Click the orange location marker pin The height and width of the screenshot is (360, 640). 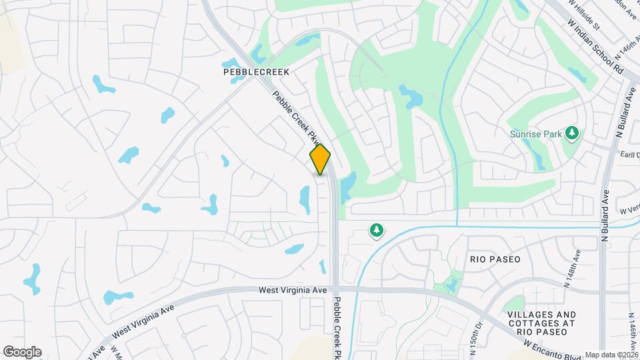tap(320, 159)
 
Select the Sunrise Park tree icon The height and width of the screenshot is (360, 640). tap(571, 133)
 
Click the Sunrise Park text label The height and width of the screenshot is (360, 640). tap(535, 134)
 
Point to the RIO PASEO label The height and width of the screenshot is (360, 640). tap(495, 259)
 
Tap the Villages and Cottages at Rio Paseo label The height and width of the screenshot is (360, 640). tap(541, 319)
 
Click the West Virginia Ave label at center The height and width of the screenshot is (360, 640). tap(293, 291)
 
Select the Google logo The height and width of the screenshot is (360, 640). tap(22, 352)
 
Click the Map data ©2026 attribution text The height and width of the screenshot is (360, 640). tap(611, 355)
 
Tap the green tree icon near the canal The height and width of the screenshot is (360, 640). tap(377, 231)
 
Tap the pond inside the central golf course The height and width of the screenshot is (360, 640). tap(411, 97)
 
